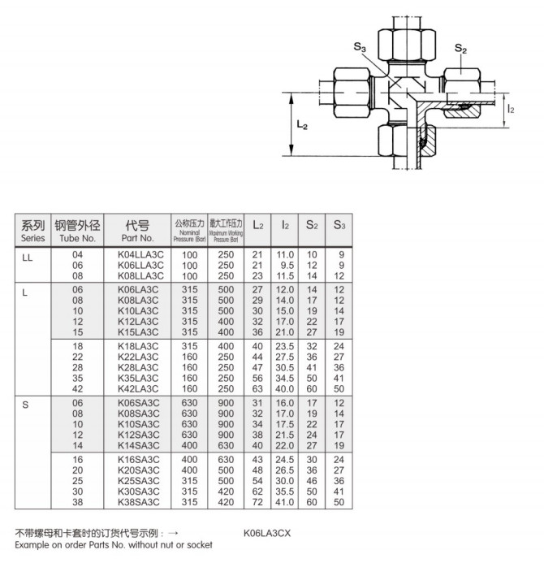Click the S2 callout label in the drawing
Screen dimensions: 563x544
click(x=460, y=50)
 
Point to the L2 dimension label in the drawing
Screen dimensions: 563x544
click(x=301, y=126)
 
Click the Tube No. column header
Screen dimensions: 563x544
click(x=78, y=231)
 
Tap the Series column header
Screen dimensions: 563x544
click(x=33, y=231)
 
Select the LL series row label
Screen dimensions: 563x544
click(x=26, y=255)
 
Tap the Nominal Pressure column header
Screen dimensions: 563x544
click(x=189, y=231)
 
